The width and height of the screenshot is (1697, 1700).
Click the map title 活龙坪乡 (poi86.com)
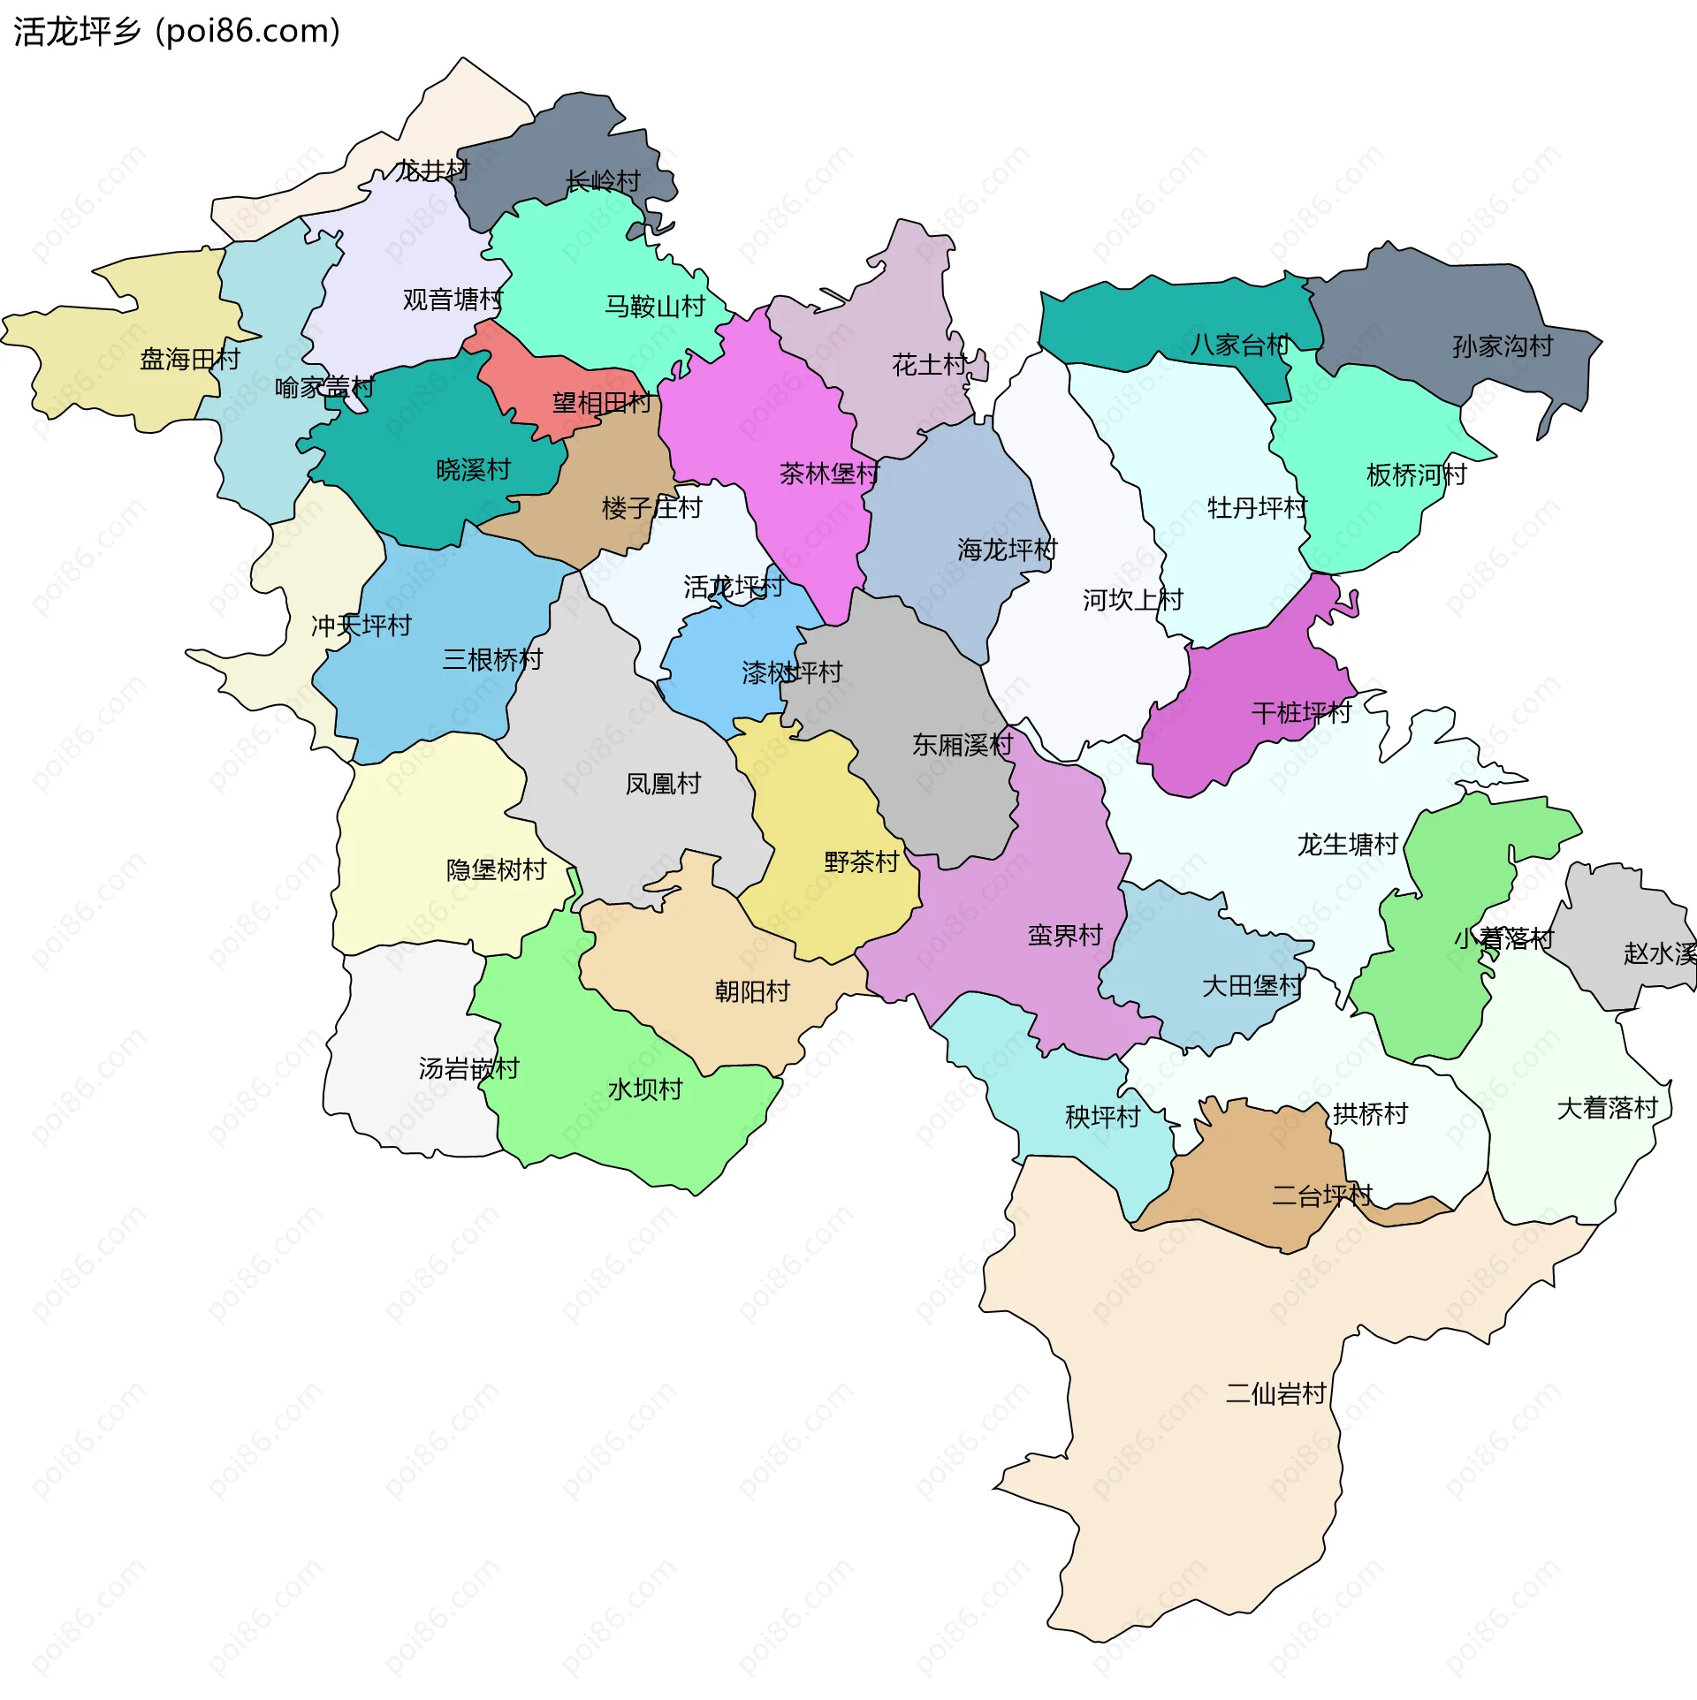[177, 31]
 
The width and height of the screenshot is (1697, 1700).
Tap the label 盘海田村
[190, 359]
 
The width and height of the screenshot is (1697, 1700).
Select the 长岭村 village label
[603, 181]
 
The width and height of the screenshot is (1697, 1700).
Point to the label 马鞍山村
[654, 306]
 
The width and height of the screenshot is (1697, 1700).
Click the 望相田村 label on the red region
[601, 403]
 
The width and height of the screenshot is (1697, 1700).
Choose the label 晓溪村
[474, 469]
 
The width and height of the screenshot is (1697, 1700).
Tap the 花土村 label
[929, 364]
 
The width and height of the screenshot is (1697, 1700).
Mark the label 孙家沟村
[1503, 345]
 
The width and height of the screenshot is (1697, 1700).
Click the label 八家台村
[1239, 344]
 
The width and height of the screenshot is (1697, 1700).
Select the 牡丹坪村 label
[1257, 507]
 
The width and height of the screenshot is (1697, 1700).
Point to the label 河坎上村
[1132, 599]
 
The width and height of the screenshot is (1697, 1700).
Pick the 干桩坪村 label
[1301, 712]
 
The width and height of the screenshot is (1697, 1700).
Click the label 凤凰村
[663, 783]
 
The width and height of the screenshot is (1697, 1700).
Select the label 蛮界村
[1065, 935]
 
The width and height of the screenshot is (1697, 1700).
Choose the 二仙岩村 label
[1275, 1393]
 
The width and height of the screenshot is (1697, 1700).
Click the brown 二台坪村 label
[1321, 1195]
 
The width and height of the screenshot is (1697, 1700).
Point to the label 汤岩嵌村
[468, 1068]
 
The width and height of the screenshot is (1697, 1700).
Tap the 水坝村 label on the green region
[645, 1089]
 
